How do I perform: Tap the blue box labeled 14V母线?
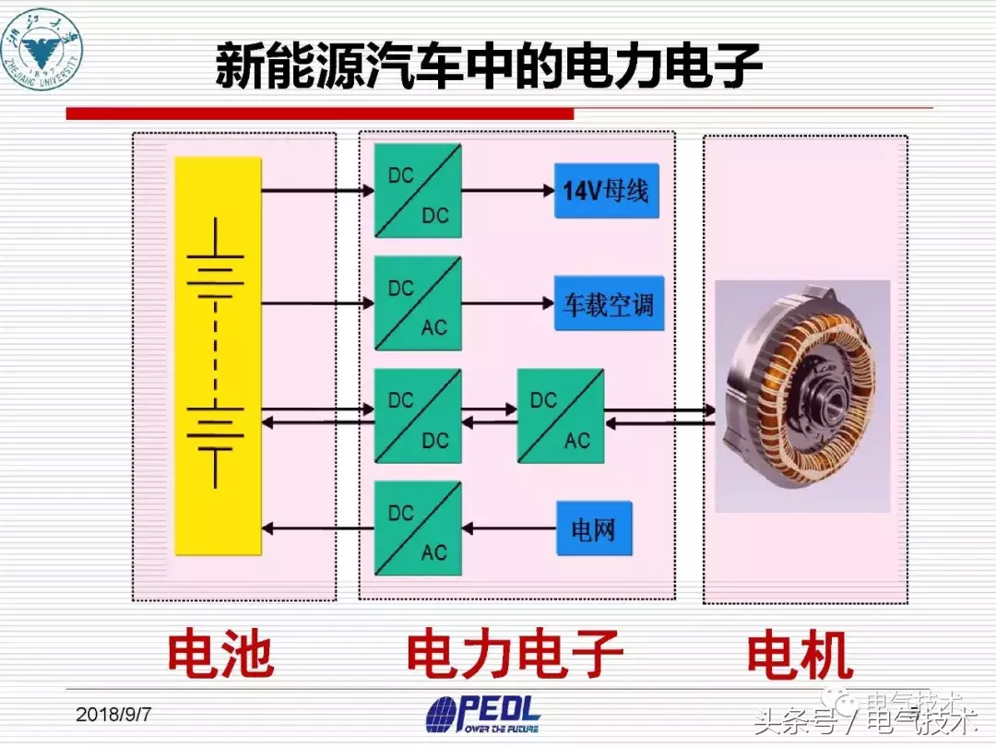coord(606,191)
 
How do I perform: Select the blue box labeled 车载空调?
coord(608,303)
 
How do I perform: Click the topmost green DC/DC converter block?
coord(418,191)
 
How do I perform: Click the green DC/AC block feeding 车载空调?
coord(418,303)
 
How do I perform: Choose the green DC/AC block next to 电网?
coord(418,528)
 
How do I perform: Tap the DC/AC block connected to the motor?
coord(561,417)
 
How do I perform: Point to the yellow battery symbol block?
coord(218,356)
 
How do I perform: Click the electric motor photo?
coord(802,397)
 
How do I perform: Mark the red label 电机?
coord(800,656)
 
